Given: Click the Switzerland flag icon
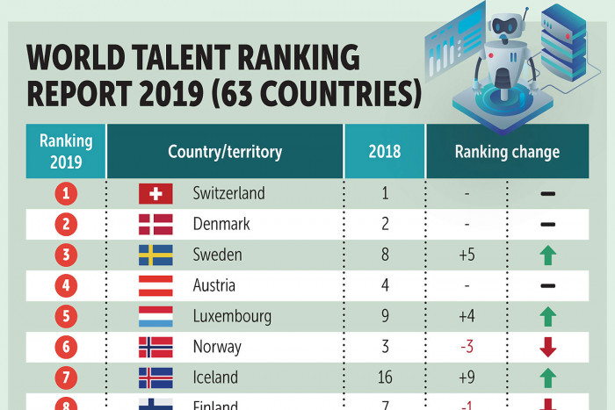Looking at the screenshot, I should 156,193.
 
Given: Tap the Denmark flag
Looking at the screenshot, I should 156,224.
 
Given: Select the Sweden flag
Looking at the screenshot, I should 156,255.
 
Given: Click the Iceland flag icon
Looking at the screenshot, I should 156,378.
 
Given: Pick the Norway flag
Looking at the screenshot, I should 156,347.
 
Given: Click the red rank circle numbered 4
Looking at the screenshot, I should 66,285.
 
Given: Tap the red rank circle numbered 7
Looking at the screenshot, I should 66,378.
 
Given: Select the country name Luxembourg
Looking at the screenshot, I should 232,316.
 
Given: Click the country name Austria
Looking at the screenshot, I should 214,285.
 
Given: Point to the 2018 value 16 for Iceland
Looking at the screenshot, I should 385,378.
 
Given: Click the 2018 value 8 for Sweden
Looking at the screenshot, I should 385,255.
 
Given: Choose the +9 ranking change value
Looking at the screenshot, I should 467,378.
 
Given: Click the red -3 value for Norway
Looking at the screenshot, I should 467,347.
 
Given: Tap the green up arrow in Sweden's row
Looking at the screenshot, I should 548,255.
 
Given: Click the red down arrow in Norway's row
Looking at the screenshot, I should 548,347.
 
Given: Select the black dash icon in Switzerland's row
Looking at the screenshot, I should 548,193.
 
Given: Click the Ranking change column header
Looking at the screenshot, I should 507,152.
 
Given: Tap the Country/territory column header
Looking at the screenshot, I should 225,152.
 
